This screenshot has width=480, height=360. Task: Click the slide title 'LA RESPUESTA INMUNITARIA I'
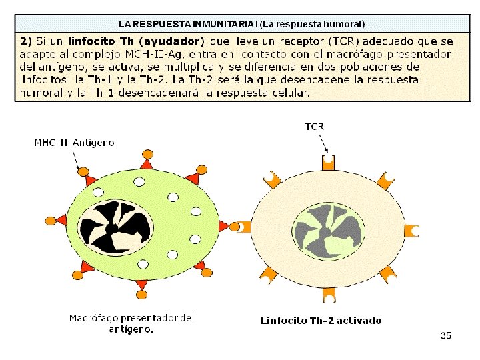187,23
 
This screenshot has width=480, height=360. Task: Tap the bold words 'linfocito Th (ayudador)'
137,41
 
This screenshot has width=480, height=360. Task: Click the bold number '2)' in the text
25,41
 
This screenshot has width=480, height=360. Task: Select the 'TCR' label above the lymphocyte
315,125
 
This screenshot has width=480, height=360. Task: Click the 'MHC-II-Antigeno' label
74,142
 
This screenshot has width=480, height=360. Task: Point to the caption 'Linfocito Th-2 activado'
321,321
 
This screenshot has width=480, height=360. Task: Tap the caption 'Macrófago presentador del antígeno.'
132,323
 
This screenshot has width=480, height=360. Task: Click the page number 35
445,335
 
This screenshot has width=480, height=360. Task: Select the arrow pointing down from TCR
323,141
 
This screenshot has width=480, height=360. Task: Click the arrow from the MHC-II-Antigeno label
76,160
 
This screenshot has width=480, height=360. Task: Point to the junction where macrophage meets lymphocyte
235,226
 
